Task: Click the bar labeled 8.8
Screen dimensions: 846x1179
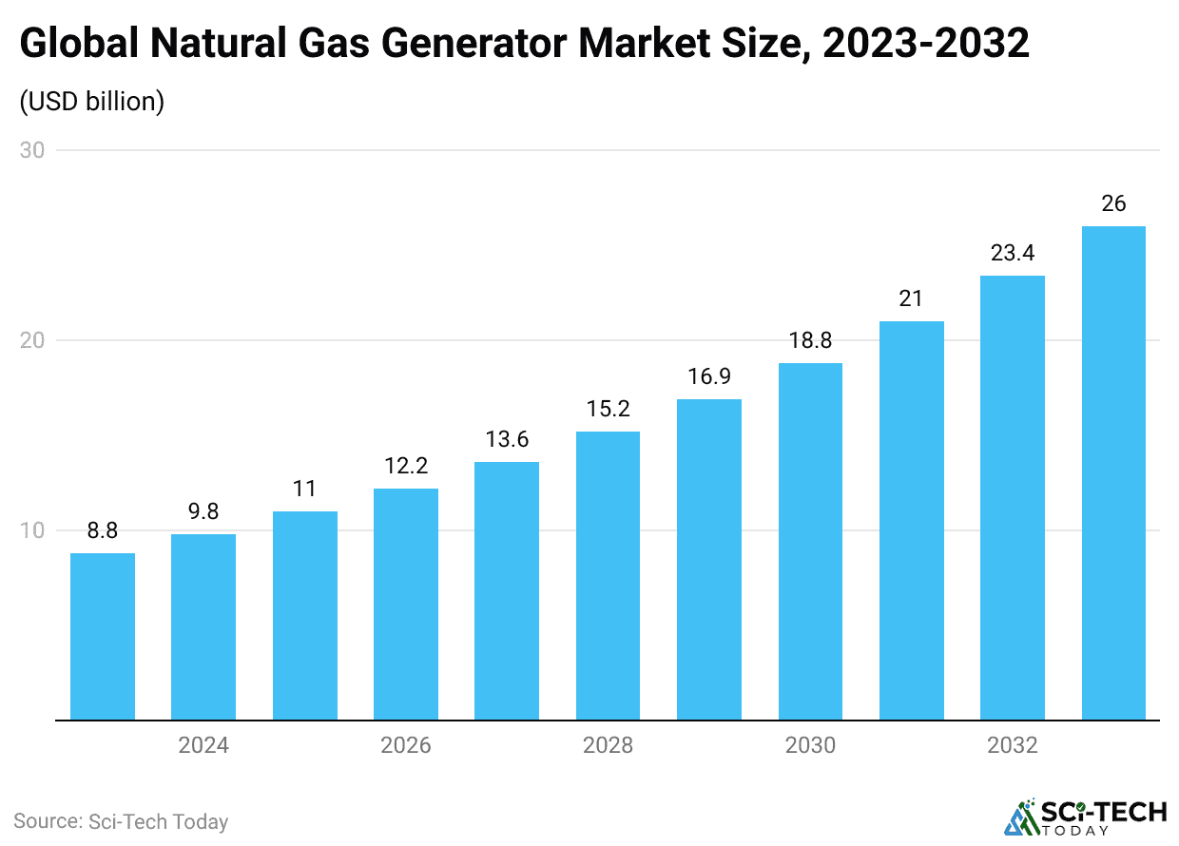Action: (x=103, y=637)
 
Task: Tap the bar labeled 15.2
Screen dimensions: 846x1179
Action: (x=608, y=576)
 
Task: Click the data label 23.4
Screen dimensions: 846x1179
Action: (x=1013, y=253)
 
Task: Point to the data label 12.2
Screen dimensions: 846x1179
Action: (x=406, y=466)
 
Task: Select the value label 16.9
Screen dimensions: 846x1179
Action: (x=709, y=376)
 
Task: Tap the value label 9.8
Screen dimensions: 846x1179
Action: (x=203, y=511)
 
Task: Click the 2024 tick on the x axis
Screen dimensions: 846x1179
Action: (x=203, y=744)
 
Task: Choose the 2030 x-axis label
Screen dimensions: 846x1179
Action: (x=810, y=744)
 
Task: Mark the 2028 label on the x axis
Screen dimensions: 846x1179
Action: (x=608, y=744)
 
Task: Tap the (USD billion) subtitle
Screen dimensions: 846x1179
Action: (x=92, y=102)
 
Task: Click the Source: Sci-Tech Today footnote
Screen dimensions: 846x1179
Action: (x=121, y=821)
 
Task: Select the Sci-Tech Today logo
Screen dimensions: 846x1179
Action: (x=1085, y=817)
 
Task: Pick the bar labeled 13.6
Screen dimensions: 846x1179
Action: (x=507, y=591)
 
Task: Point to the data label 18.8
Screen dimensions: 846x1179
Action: (x=810, y=340)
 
